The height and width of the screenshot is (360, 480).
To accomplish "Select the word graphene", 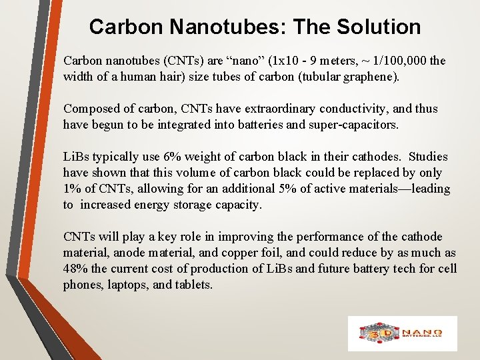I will [x=371, y=76].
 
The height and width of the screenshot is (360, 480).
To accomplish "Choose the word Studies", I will [x=428, y=157].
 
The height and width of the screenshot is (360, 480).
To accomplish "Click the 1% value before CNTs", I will [x=71, y=189].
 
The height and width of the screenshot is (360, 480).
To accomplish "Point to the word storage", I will [x=190, y=205].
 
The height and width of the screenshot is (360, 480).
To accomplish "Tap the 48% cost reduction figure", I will [x=75, y=269].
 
